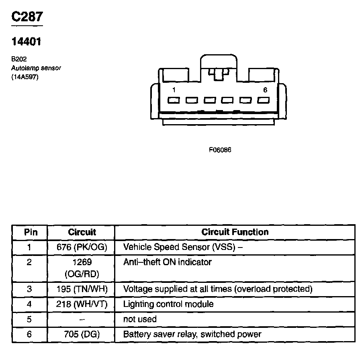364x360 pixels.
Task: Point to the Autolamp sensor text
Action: coord(36,68)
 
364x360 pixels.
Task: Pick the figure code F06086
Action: coord(220,150)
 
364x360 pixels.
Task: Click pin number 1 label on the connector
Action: coord(174,90)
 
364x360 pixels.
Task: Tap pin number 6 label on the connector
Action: coord(265,90)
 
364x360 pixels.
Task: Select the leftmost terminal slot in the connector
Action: coord(174,100)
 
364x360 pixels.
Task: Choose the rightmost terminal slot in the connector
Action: coord(263,100)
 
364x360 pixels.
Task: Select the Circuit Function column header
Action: coord(235,232)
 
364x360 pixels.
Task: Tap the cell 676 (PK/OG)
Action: coord(82,247)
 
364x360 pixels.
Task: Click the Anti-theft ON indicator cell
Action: coord(167,262)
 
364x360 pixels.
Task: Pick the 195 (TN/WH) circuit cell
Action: coord(82,289)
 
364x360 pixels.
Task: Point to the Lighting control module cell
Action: coord(168,304)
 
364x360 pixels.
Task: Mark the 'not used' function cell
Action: coord(139,319)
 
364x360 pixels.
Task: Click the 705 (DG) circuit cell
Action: coord(82,334)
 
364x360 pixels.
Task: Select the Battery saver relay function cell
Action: coord(192,334)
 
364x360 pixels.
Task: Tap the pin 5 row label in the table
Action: coord(29,319)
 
